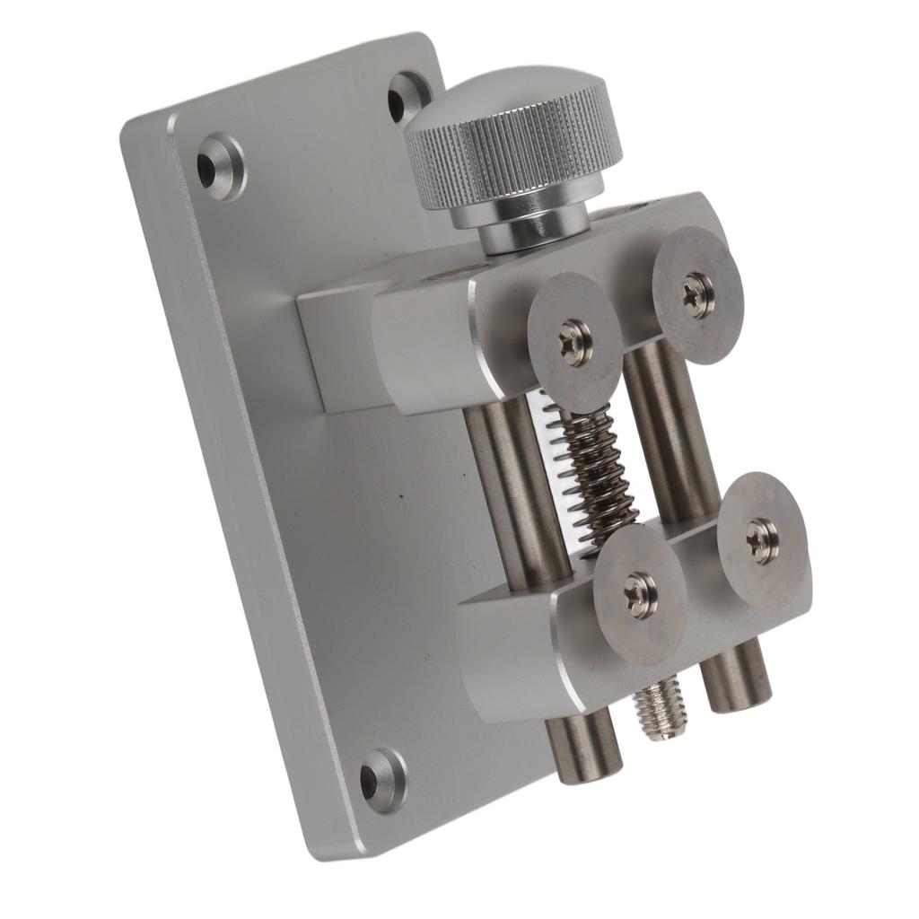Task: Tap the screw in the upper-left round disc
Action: coord(574,342)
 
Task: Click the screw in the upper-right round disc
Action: coord(697,294)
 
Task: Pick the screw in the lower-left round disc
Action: coord(641,595)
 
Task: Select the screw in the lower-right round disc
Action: coord(762,540)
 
